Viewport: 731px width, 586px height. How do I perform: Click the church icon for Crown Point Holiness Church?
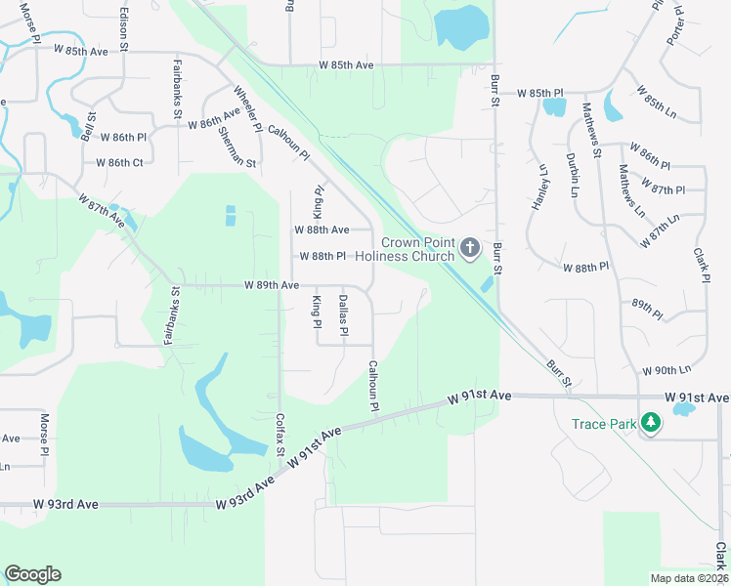coord(470,248)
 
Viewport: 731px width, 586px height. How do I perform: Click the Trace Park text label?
coord(604,424)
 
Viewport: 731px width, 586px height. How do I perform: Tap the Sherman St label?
coord(236,146)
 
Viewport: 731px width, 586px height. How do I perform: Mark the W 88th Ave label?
coord(322,230)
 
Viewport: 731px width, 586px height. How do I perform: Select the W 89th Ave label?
coord(271,285)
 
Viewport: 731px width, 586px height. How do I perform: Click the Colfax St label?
coord(280,436)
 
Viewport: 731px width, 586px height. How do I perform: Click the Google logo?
coord(32,574)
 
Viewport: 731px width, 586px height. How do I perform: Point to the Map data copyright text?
coord(690,578)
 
